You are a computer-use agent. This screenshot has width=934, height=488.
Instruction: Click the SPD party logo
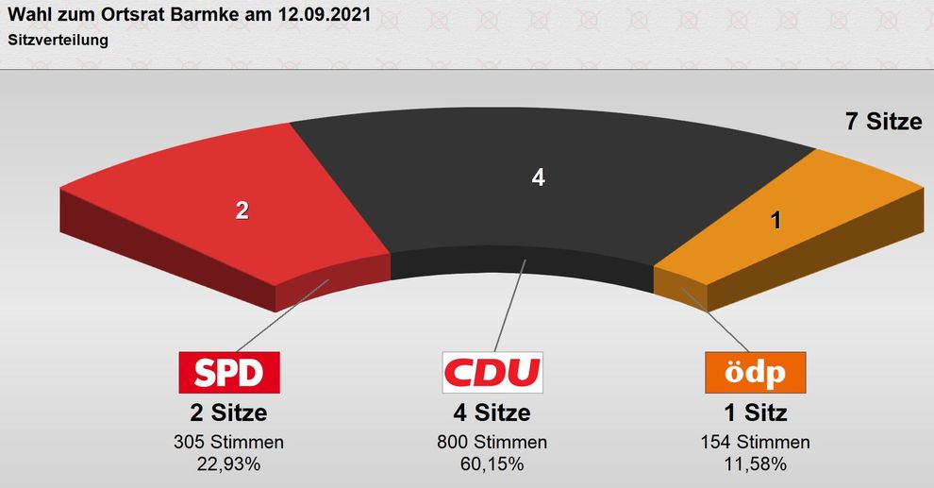[x=229, y=373]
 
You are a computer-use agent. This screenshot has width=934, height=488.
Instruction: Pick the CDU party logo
[x=492, y=373]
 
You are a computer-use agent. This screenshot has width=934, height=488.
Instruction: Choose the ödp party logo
[x=756, y=373]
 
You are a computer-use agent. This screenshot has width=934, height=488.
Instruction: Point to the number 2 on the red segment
[x=242, y=210]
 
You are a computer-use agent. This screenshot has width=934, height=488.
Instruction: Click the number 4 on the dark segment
[x=539, y=177]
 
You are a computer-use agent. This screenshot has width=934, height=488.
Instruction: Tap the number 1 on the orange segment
[x=776, y=221]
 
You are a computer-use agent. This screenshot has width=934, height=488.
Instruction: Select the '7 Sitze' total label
[x=883, y=122]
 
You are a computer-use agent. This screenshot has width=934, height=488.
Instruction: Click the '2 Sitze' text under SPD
[x=228, y=412]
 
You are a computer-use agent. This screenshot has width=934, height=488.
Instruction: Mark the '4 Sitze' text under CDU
[x=492, y=412]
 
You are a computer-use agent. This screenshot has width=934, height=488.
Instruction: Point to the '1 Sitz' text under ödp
[x=755, y=412]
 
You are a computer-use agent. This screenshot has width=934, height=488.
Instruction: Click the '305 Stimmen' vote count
[x=228, y=443]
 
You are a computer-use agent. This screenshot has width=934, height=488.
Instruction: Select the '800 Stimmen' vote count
[x=492, y=443]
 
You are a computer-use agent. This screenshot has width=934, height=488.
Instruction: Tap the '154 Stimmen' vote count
[x=755, y=443]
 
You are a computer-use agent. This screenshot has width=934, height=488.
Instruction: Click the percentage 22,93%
[x=228, y=463]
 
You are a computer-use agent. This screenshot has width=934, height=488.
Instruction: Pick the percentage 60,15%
[x=492, y=463]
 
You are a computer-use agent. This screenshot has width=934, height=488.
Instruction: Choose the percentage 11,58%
[x=755, y=463]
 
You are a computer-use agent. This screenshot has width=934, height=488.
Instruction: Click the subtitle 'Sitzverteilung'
[x=58, y=41]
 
